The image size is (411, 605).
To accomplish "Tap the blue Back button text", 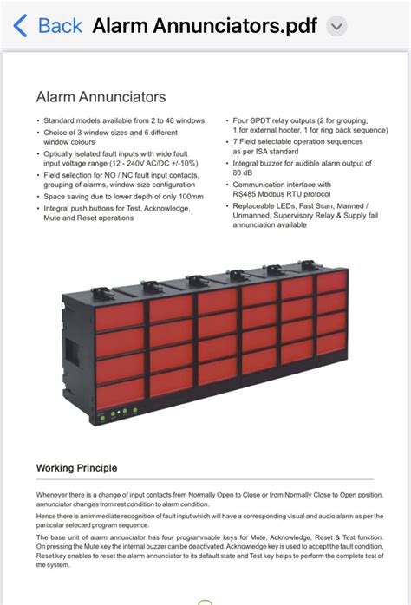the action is point(60,26).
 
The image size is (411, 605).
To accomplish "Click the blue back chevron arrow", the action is point(20,26).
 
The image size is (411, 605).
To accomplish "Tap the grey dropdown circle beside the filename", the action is point(336,26).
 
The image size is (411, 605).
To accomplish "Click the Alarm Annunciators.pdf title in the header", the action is point(205,26).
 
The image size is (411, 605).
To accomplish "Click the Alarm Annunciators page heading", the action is point(101,97).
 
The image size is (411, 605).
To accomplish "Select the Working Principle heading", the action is point(77,468).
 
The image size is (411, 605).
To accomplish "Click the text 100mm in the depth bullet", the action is point(191,197).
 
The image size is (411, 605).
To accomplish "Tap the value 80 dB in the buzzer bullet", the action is point(243,172).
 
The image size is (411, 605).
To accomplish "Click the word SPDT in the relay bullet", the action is point(260,120).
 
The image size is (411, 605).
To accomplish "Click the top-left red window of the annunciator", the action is point(120,316).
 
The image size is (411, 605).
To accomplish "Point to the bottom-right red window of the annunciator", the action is point(332,342).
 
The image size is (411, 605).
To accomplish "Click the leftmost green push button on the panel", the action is point(102,418).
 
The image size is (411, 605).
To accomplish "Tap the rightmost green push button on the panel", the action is point(135,410).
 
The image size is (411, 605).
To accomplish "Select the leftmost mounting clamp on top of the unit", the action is point(102,292).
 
